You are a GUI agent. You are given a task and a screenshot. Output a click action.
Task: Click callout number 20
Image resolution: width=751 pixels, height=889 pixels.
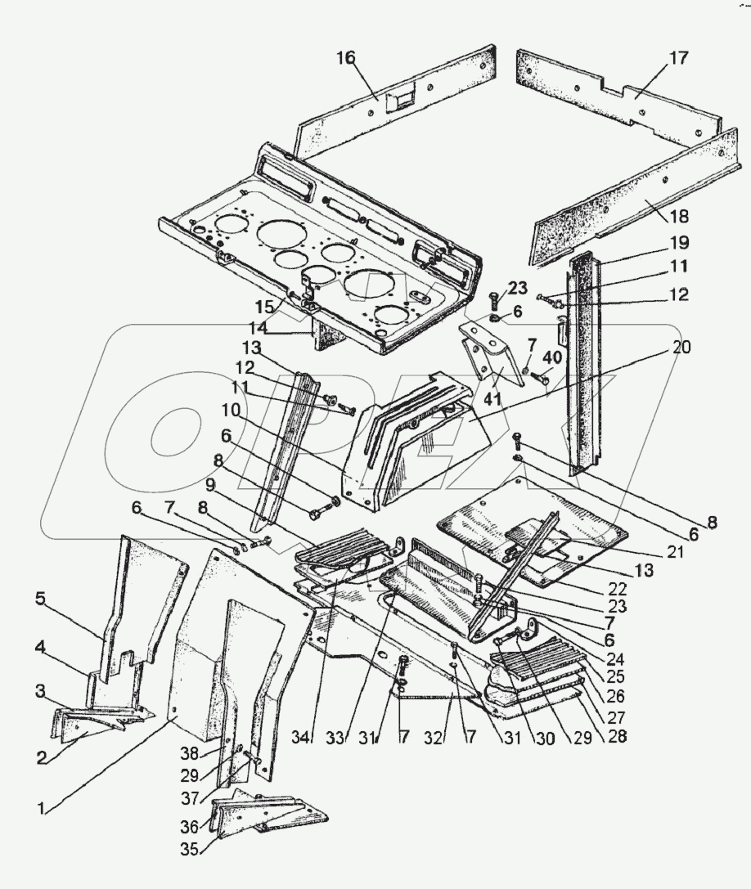(681, 348)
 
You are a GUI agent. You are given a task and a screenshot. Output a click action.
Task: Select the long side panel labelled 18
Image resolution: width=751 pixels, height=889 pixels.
(622, 196)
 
